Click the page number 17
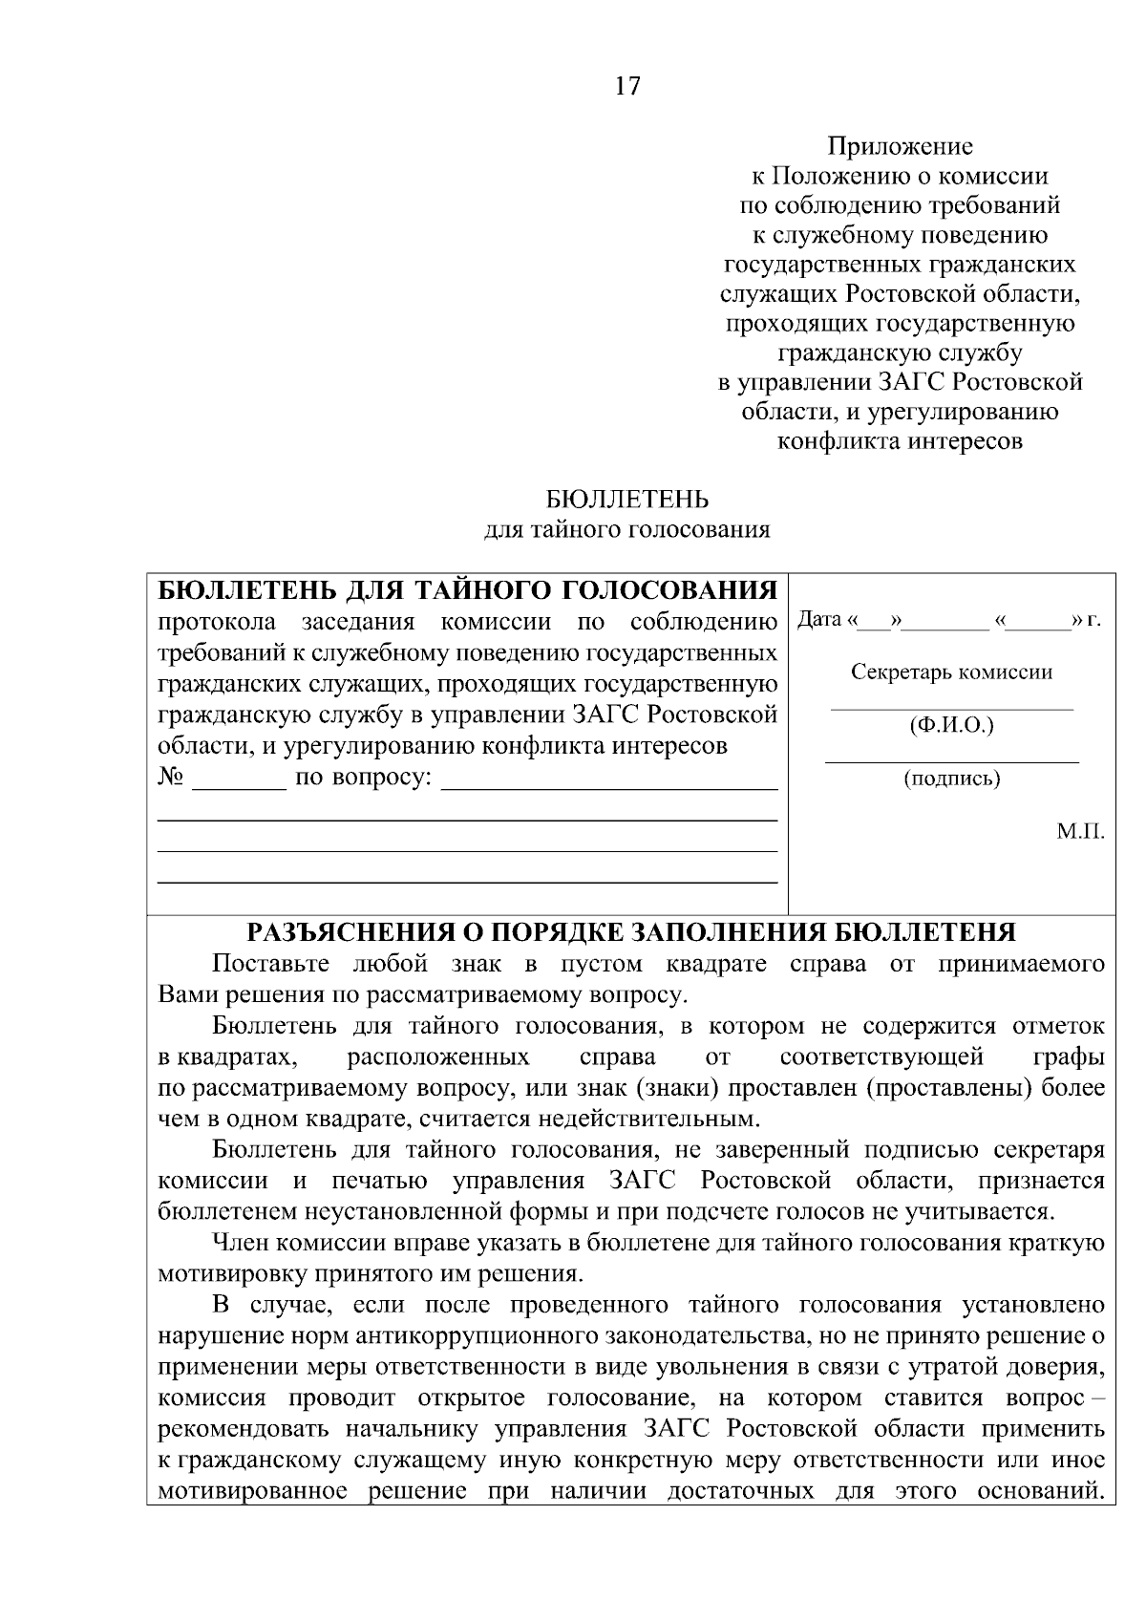[627, 87]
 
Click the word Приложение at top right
[900, 146]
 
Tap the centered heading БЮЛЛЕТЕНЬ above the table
[627, 500]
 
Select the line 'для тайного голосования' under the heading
[627, 530]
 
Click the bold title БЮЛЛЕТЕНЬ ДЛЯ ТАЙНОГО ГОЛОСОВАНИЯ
[466, 591]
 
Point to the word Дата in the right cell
[819, 619]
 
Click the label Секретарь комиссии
[951, 672]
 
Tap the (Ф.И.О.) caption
[951, 725]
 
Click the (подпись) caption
[951, 779]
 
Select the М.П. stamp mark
[1080, 831]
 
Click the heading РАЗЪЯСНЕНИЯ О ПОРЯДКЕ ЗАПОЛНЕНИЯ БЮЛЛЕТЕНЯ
[631, 932]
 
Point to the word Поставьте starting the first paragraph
[270, 963]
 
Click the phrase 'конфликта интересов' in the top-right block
[900, 441]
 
